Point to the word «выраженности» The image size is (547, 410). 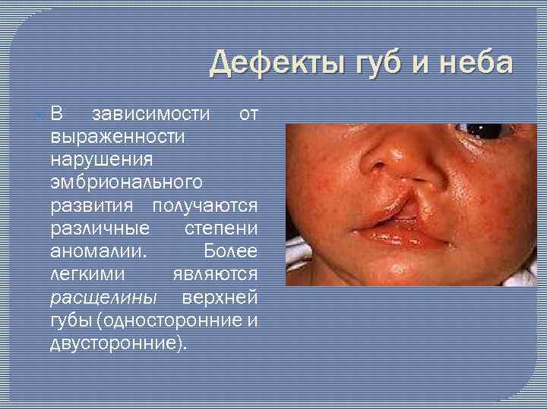point(118,137)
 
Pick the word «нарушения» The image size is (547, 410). point(102,160)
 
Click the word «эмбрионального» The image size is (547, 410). point(126,183)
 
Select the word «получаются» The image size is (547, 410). point(205,206)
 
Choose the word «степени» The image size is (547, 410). point(221,229)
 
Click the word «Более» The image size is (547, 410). point(231,251)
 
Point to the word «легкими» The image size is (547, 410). point(88,274)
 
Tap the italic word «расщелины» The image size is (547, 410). point(103,297)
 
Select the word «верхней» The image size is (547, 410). point(220,297)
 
